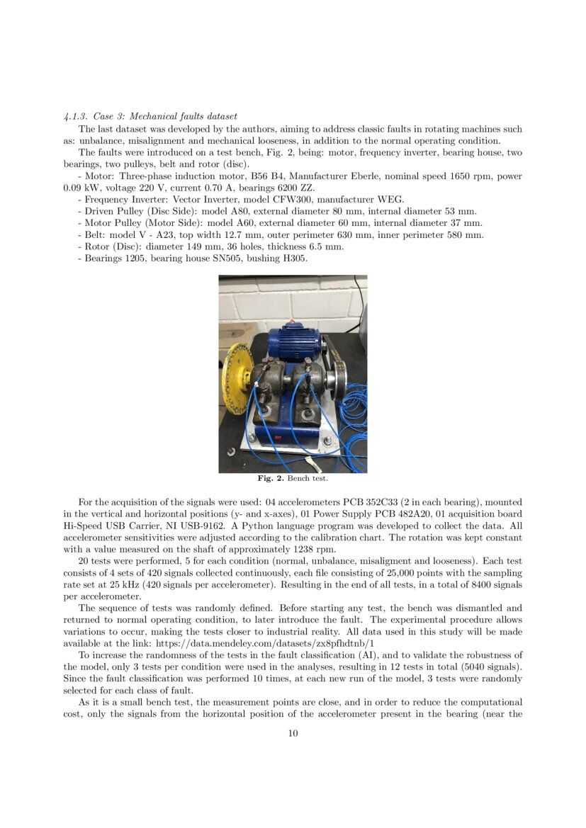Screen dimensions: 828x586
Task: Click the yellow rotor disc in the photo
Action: (239, 378)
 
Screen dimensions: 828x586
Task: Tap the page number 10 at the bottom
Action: (293, 733)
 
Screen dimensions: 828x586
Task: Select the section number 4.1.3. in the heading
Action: (76, 116)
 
